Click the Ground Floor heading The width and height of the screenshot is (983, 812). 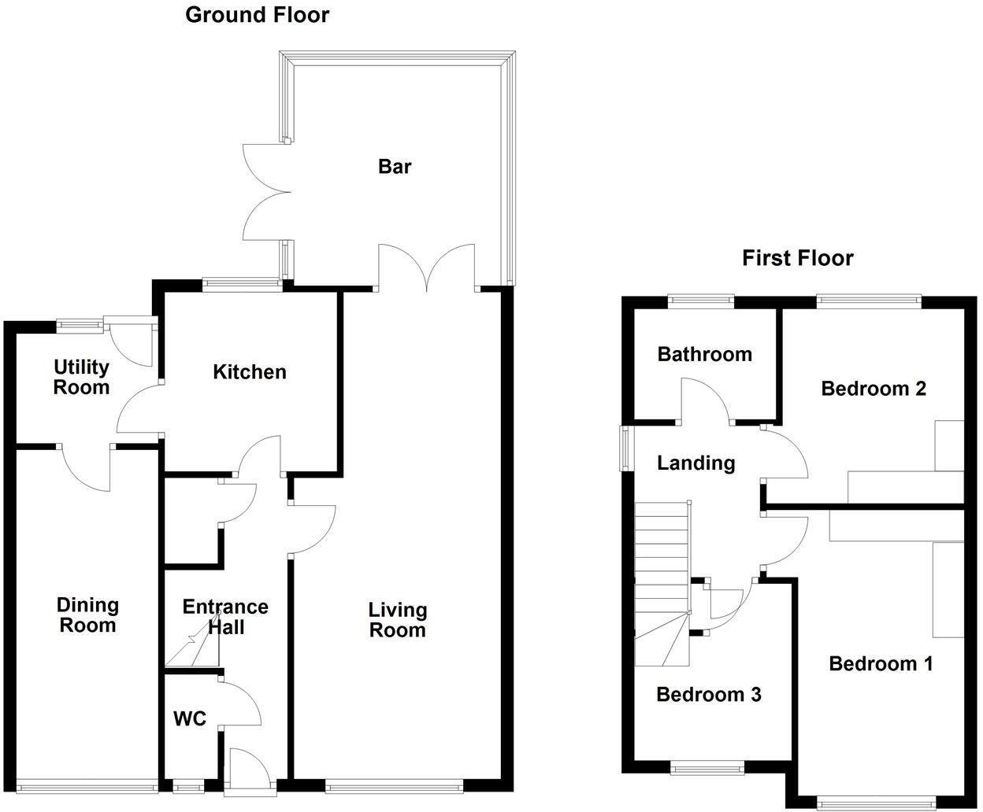(257, 15)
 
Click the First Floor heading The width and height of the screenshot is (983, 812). (797, 258)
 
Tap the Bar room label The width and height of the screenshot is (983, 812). (395, 167)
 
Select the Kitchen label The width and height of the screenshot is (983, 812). (249, 372)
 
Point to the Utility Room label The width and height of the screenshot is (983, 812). (81, 377)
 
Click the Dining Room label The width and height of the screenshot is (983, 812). (87, 615)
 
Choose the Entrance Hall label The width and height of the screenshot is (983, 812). (224, 617)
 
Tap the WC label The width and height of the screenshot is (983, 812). (190, 718)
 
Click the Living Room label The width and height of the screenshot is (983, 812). (398, 620)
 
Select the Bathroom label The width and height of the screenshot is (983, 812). (704, 354)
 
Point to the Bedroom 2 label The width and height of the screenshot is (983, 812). (873, 389)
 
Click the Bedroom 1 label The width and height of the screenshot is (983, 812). (881, 664)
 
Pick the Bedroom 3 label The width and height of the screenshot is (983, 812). (708, 695)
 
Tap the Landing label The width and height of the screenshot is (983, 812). (696, 463)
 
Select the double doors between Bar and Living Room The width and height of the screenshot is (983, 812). (427, 268)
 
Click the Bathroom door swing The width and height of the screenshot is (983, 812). (705, 400)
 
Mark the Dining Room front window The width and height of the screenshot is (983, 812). (87, 784)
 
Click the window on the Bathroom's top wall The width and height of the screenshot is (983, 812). (700, 299)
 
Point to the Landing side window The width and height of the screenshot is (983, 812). (625, 448)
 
